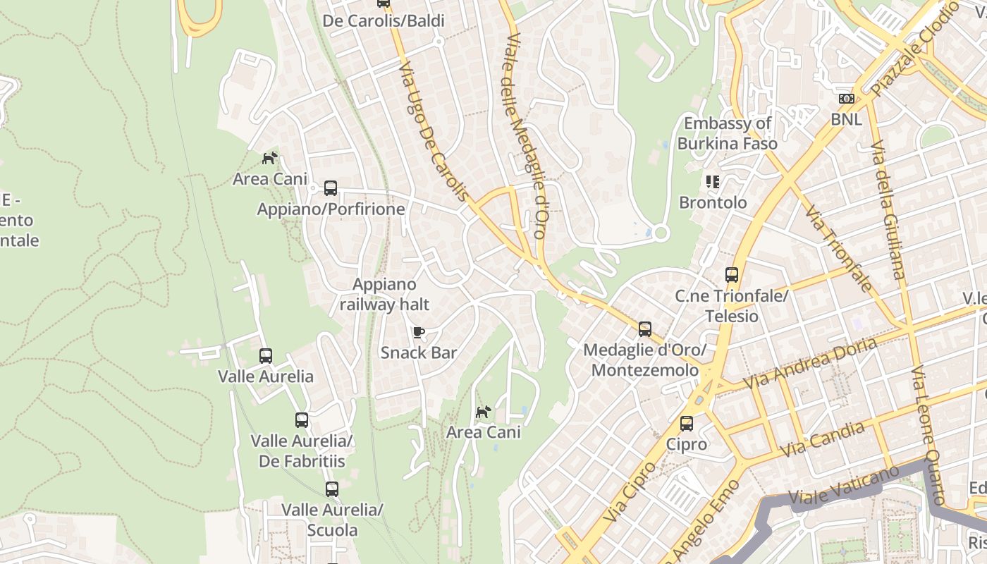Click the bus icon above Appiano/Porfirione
point(331,188)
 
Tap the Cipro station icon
point(686,424)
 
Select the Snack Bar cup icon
point(418,332)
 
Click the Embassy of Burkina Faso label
point(727,133)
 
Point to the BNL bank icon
point(846,99)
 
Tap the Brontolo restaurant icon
point(713,182)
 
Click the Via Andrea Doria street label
point(810,362)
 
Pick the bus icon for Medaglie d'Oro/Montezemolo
point(644,329)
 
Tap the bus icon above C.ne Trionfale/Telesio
point(732,275)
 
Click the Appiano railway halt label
point(384,295)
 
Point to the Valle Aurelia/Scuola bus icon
point(331,489)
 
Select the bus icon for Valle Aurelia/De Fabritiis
point(302,420)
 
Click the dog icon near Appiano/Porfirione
point(269,158)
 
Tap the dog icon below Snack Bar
point(483,412)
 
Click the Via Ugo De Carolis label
point(433,131)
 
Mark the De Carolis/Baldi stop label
point(384,21)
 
